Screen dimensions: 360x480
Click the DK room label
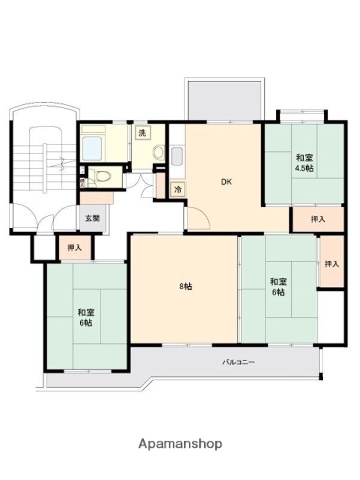tap(226, 182)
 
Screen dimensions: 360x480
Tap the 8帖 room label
tap(186, 286)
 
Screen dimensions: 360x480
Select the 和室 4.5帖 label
tap(304, 163)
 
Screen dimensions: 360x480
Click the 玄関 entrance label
tap(93, 219)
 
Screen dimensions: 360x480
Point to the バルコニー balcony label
tap(239, 362)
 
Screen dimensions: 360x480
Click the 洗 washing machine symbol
tap(142, 133)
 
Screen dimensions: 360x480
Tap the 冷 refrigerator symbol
tap(178, 190)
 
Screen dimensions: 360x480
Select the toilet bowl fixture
tap(102, 176)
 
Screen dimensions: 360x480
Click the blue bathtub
tap(92, 148)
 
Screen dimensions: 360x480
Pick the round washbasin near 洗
tap(159, 152)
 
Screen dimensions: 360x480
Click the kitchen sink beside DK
tap(177, 156)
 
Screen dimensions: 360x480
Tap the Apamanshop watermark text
tap(180, 444)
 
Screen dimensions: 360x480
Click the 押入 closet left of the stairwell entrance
tap(75, 247)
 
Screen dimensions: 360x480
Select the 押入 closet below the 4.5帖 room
tap(318, 219)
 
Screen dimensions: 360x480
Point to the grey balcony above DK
tap(225, 100)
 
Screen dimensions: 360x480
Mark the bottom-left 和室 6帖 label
tap(86, 318)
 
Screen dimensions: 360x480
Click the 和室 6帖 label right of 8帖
tap(278, 287)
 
